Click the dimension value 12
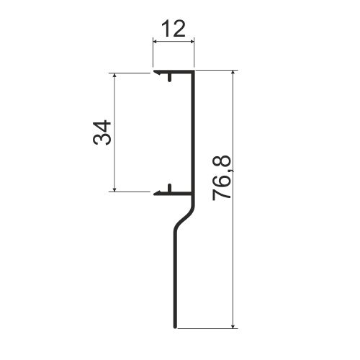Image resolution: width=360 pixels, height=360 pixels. tap(174, 29)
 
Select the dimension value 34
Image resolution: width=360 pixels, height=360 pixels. tap(102, 132)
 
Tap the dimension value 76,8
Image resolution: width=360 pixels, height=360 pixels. tap(222, 178)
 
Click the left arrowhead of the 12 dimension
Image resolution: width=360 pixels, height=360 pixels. tap(155, 42)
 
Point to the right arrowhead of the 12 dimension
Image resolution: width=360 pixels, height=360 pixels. tap(192, 42)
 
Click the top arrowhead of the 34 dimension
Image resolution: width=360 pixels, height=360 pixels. tap(114, 75)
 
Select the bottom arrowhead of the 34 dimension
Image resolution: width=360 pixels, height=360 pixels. tap(114, 189)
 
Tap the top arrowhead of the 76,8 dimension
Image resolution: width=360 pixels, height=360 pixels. tap(233, 73)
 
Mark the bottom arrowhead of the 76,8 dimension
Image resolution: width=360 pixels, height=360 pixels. tap(233, 326)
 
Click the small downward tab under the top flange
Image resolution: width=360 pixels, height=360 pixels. tap(170, 77)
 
